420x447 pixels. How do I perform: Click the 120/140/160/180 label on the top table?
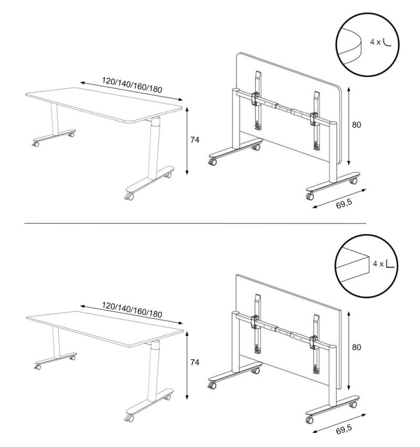pyautogui.click(x=132, y=85)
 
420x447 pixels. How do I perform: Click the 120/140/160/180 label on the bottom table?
pyautogui.click(x=132, y=310)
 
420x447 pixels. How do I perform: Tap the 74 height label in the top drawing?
pyautogui.click(x=195, y=140)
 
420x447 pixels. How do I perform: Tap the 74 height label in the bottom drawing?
pyautogui.click(x=195, y=362)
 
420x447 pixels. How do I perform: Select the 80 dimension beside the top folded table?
pyautogui.click(x=356, y=125)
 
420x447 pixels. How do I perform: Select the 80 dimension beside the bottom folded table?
pyautogui.click(x=356, y=347)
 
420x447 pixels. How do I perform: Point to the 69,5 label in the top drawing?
pyautogui.click(x=344, y=204)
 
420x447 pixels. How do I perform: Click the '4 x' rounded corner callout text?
pyautogui.click(x=375, y=42)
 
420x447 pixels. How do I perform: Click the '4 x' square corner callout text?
pyautogui.click(x=378, y=264)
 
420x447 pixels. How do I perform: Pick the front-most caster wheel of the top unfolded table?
pyautogui.click(x=129, y=196)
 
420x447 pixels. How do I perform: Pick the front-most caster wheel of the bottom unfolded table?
pyautogui.click(x=129, y=418)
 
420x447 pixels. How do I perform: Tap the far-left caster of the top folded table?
pyautogui.click(x=212, y=162)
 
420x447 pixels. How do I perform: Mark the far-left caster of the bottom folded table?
pyautogui.click(x=212, y=385)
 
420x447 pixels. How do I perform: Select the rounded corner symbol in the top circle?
pyautogui.click(x=387, y=42)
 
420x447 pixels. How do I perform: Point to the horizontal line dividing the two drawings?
pyautogui.click(x=195, y=223)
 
